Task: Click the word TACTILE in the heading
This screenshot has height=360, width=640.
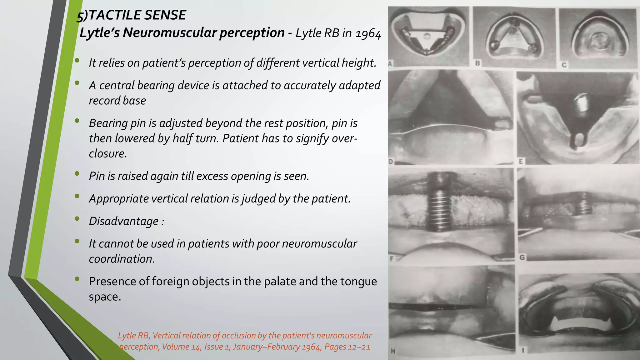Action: pyautogui.click(x=112, y=15)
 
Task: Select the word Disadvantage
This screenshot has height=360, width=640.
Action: pyautogui.click(x=123, y=221)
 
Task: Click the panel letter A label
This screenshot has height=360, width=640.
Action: pyautogui.click(x=390, y=64)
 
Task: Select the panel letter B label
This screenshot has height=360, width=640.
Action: pyautogui.click(x=478, y=63)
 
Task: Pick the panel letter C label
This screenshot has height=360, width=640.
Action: pyautogui.click(x=564, y=65)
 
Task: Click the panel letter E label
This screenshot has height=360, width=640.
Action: pyautogui.click(x=521, y=161)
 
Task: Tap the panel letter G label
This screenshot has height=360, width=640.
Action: pyautogui.click(x=522, y=257)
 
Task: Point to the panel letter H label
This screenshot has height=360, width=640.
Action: pyautogui.click(x=393, y=351)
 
